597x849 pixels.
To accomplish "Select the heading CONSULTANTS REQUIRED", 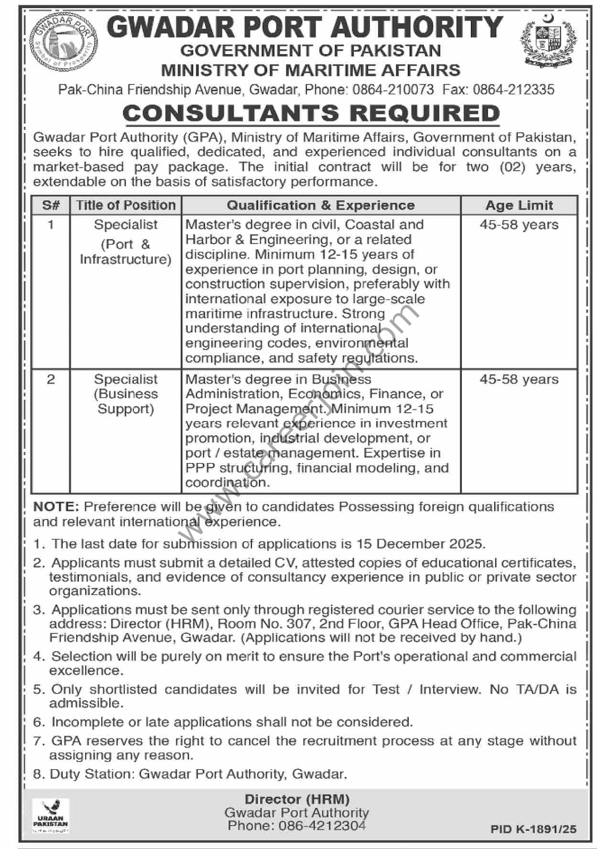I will (311, 113).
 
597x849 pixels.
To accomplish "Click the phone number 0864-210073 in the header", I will (393, 89).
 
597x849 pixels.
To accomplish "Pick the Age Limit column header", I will (519, 205).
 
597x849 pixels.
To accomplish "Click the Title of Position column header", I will (126, 205).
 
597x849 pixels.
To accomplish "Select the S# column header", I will (51, 205).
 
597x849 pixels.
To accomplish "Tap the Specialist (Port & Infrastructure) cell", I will (126, 242).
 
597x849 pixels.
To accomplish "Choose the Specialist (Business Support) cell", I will (126, 394).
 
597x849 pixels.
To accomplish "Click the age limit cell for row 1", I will (519, 224).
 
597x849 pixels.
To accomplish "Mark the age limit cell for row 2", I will (519, 379).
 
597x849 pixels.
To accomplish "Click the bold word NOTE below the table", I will (56, 507).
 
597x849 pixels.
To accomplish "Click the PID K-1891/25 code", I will (533, 829).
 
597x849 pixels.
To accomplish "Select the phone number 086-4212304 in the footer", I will (296, 826).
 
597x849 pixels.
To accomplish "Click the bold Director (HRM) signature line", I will (297, 799).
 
